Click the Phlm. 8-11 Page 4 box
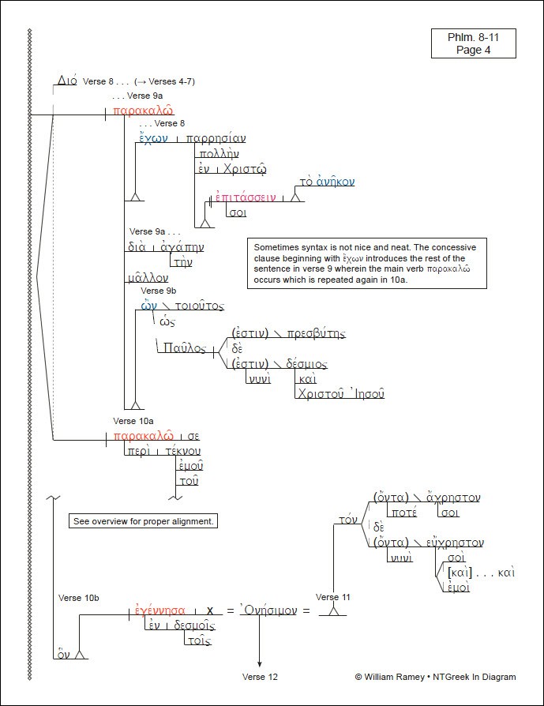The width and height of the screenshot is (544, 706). point(473,43)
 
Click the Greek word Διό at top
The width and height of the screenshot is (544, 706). point(66,81)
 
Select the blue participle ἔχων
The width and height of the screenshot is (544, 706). point(152,138)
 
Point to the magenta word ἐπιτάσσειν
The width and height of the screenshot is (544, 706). point(246,197)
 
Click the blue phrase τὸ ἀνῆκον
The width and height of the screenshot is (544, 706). point(328,182)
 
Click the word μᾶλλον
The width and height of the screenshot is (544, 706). point(147,278)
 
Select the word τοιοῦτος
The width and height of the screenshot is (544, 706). point(198,306)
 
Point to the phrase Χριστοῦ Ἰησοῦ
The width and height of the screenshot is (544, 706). point(340,393)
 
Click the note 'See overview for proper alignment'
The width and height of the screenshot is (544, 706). point(144,521)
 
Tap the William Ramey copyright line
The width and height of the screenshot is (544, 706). point(435,677)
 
